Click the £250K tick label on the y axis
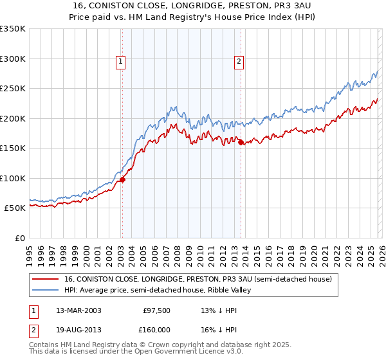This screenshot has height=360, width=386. pyautogui.click(x=13, y=89)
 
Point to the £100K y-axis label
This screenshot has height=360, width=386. pyautogui.click(x=13, y=178)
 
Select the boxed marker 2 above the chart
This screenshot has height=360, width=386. pyautogui.click(x=239, y=62)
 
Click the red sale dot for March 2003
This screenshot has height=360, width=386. pyautogui.click(x=122, y=180)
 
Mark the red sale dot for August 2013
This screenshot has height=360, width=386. pyautogui.click(x=241, y=143)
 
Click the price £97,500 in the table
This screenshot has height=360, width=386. pyautogui.click(x=157, y=310)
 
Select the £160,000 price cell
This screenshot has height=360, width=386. pyautogui.click(x=157, y=329)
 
